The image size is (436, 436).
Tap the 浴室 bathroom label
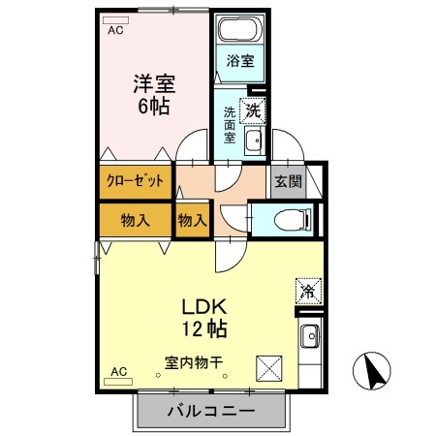click(x=240, y=61)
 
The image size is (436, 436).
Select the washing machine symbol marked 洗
click(x=254, y=110)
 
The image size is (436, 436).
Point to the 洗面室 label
click(x=231, y=124)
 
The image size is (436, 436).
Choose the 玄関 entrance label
click(x=288, y=181)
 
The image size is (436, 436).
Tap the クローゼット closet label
click(x=135, y=181)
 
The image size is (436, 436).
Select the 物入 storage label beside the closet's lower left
click(x=135, y=220)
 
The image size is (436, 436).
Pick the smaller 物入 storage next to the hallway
click(x=193, y=220)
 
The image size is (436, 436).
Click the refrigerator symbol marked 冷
click(x=307, y=289)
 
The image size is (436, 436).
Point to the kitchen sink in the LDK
click(x=309, y=339)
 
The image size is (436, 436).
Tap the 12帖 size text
click(x=205, y=327)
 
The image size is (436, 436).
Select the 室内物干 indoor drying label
click(x=193, y=363)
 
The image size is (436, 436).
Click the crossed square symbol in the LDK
click(x=268, y=369)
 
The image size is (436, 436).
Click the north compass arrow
click(x=373, y=371)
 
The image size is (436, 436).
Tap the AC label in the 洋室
click(x=115, y=30)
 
